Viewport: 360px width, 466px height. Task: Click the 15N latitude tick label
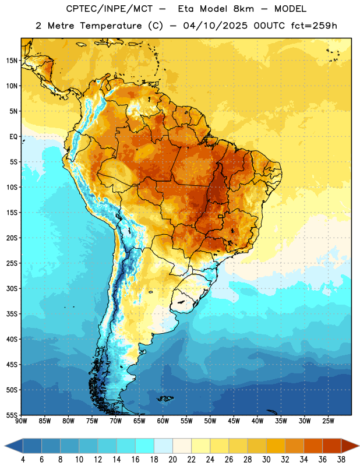tap(12, 61)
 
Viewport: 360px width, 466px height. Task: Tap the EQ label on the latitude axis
tap(13, 137)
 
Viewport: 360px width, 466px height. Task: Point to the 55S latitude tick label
tap(12, 415)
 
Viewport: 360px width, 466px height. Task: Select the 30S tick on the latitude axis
tap(12, 288)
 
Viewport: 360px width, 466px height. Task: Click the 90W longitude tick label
tap(21, 421)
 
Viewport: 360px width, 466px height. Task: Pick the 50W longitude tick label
tap(210, 421)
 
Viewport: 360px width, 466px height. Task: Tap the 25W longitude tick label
tap(328, 421)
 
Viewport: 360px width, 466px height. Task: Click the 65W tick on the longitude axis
tap(139, 421)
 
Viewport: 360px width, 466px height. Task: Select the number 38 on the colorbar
tap(341, 460)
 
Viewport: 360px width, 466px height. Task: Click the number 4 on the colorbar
tap(23, 460)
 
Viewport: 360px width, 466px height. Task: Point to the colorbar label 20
tap(172, 460)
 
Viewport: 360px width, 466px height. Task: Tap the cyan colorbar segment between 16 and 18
tap(144, 446)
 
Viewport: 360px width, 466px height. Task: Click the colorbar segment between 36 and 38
tap(332, 446)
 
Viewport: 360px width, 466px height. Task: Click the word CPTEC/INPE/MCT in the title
tap(109, 9)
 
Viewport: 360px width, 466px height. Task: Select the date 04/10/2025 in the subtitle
tap(215, 26)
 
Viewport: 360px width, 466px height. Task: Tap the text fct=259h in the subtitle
tap(314, 26)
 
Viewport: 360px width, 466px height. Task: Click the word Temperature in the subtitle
tap(111, 26)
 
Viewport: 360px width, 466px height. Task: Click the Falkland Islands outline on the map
tap(165, 398)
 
